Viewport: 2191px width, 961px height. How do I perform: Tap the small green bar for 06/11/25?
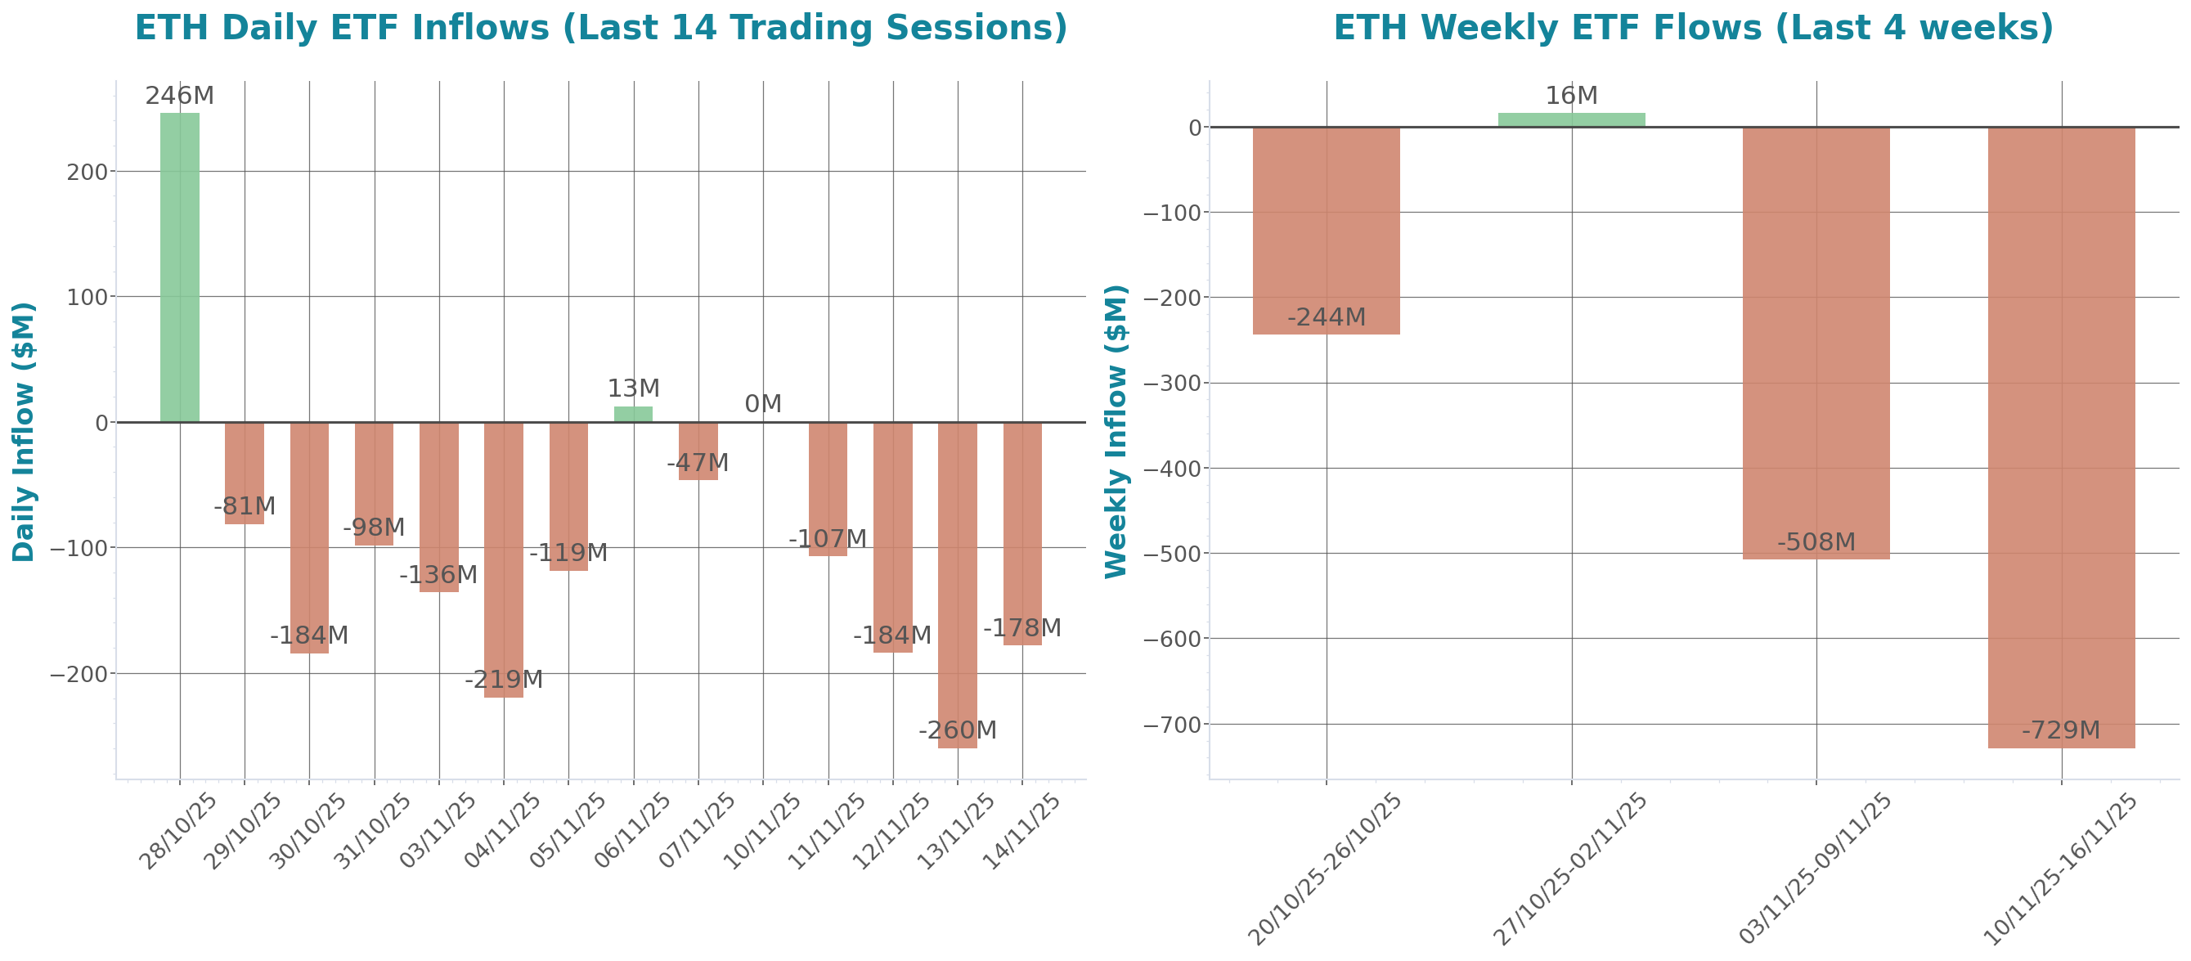pos(633,414)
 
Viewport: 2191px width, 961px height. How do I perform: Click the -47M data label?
pos(698,464)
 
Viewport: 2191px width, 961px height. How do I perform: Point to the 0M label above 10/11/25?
pos(762,404)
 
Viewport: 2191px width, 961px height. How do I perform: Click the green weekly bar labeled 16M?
pos(1571,120)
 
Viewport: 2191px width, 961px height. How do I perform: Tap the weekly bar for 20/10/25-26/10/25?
pos(1326,231)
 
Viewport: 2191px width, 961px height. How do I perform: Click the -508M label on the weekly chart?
pos(1816,541)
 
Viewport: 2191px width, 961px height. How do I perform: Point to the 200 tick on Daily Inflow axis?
pos(88,172)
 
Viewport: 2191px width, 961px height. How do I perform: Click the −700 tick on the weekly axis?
pos(1172,725)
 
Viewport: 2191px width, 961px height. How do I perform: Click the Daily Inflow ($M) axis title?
pos(23,431)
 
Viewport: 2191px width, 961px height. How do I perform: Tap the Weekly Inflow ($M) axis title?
pos(1115,431)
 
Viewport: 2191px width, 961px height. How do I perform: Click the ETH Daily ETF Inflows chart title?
pos(600,27)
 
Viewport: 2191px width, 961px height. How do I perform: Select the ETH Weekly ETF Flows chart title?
pos(1693,27)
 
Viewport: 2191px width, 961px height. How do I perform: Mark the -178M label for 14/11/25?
pos(1021,628)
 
